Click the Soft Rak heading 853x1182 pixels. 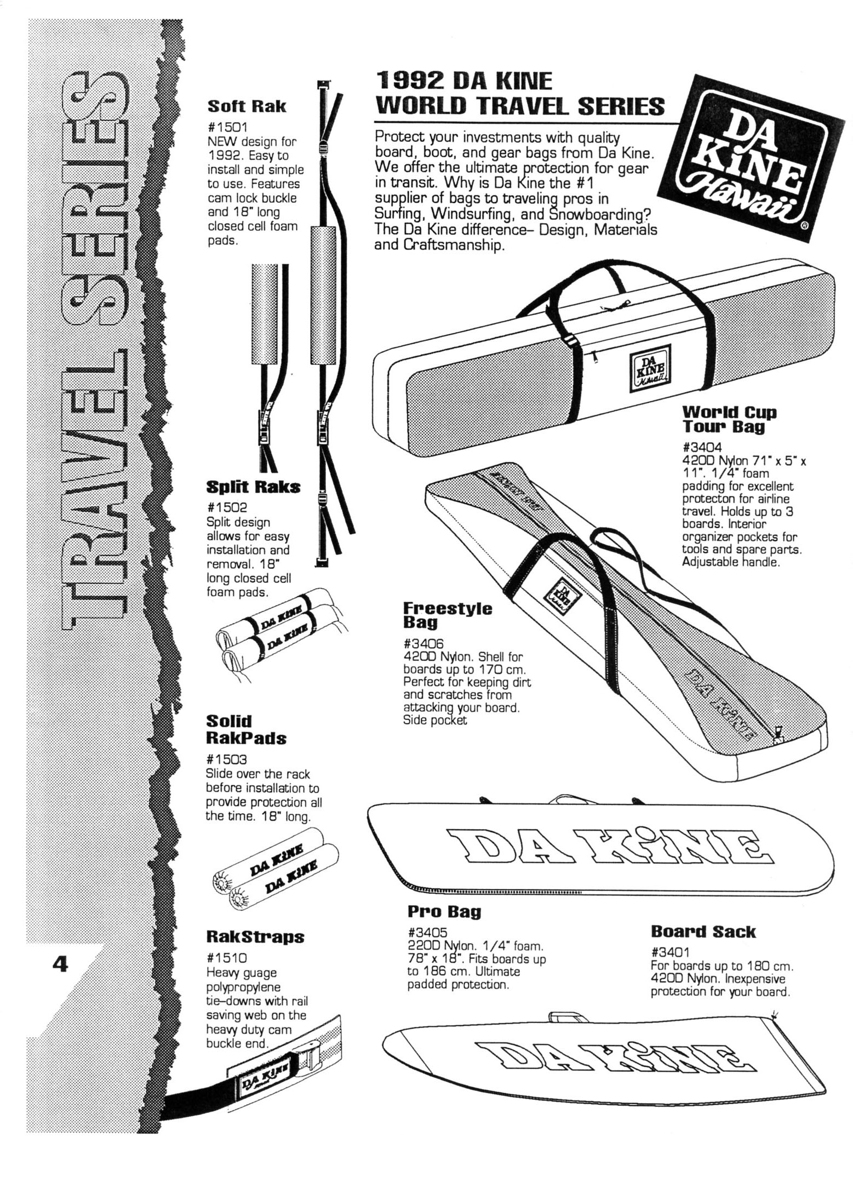(246, 106)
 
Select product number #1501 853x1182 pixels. (226, 128)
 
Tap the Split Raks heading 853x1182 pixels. (253, 487)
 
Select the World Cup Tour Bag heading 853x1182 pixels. (729, 419)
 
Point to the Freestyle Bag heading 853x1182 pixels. (447, 615)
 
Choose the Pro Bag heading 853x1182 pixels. (444, 911)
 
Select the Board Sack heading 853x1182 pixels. (703, 932)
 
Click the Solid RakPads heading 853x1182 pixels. (246, 729)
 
